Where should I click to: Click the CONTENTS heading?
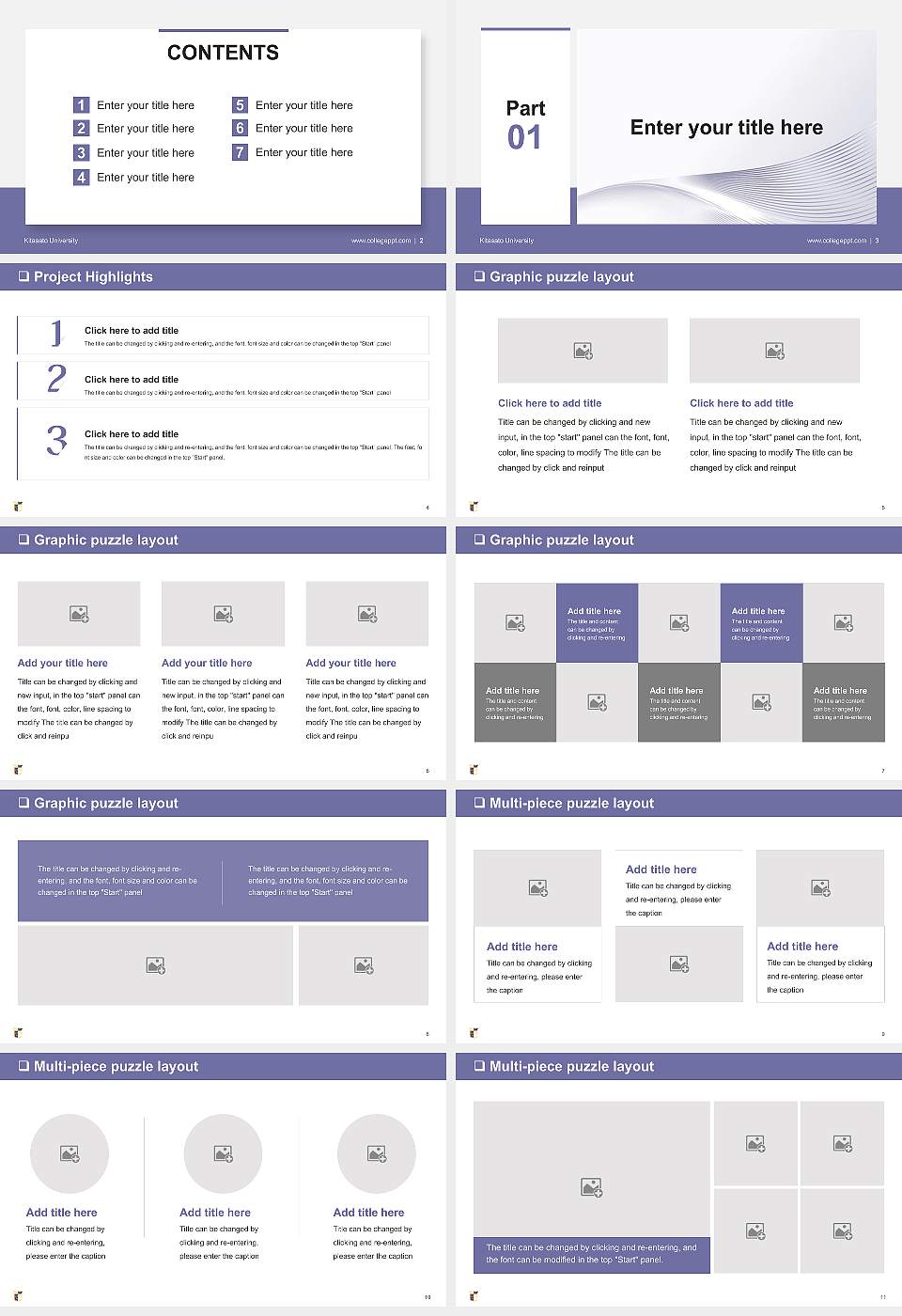tap(223, 53)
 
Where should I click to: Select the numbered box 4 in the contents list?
tap(81, 177)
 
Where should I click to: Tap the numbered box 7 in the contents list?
tap(240, 152)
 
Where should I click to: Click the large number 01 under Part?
tap(524, 138)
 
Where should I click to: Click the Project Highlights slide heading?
tap(92, 276)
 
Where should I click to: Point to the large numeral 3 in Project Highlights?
tap(56, 440)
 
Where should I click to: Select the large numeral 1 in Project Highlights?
tap(56, 333)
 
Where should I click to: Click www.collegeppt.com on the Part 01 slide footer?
tap(836, 241)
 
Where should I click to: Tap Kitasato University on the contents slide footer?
tap(51, 241)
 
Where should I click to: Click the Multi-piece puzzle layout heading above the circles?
tap(116, 1066)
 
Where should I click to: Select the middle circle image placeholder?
tap(223, 1153)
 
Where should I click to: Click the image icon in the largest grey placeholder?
tap(591, 1188)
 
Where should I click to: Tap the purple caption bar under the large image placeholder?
tap(591, 1254)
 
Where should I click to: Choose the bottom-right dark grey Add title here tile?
tap(843, 702)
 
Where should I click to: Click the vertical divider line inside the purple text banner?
tap(223, 881)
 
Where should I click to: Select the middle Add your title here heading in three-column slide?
tap(207, 663)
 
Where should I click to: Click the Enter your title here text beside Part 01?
tap(725, 128)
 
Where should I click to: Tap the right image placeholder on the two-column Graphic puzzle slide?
tap(774, 351)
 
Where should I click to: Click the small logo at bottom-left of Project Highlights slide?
tap(18, 507)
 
